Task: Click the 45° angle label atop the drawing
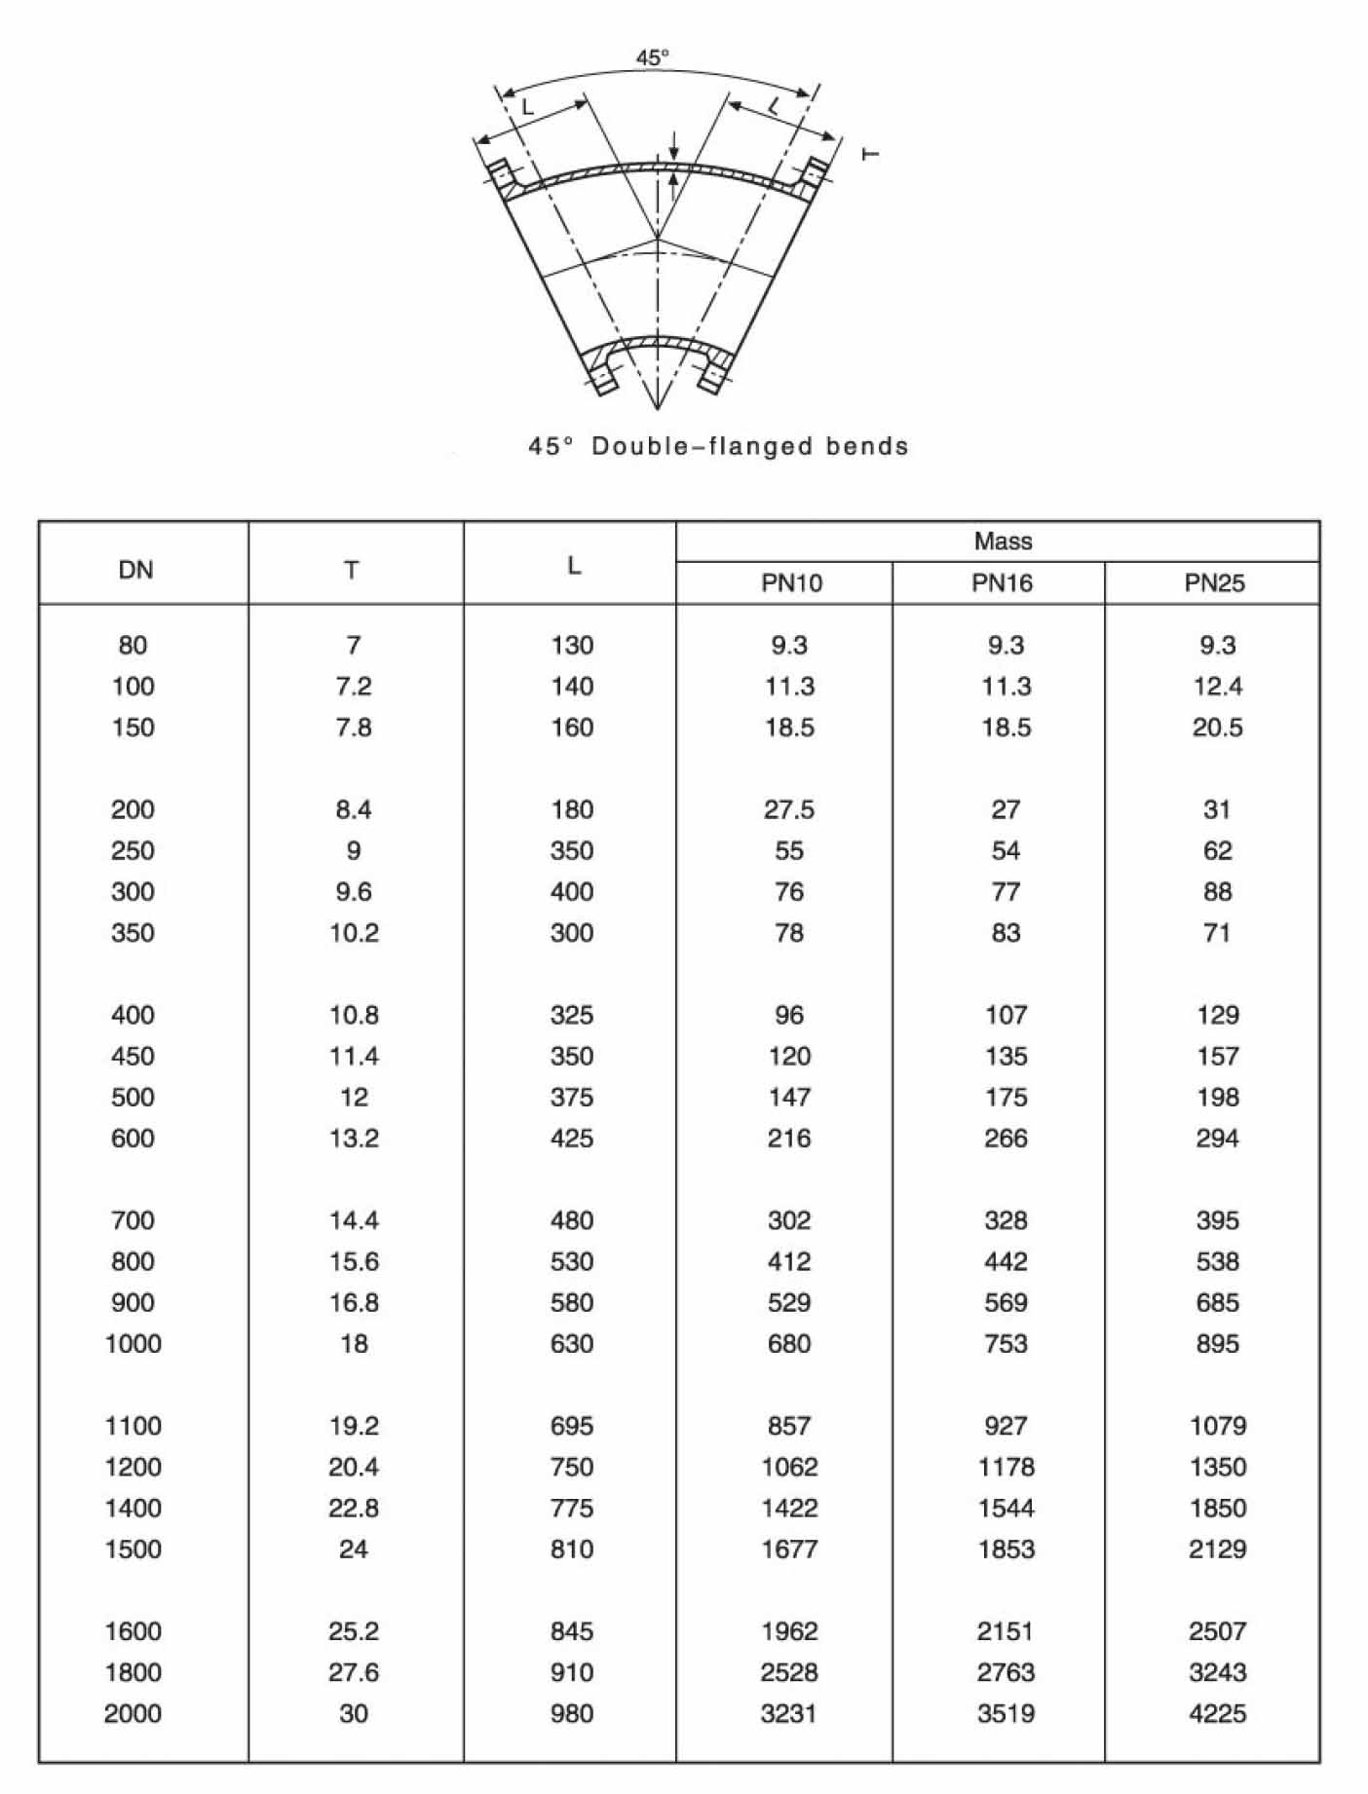point(653,58)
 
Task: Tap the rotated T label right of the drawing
point(871,153)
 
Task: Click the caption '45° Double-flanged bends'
point(718,446)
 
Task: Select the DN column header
point(135,570)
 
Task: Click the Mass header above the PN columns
point(1003,542)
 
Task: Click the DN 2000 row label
point(133,1713)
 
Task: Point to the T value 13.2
point(353,1139)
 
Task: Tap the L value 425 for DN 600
point(571,1139)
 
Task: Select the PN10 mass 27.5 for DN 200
point(788,809)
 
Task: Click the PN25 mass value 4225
point(1217,1713)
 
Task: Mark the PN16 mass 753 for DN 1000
point(1005,1344)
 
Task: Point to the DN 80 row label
point(133,645)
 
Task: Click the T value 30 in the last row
point(353,1713)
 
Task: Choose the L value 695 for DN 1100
point(571,1426)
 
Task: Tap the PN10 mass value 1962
point(788,1631)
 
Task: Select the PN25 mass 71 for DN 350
point(1217,933)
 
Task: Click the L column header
point(573,566)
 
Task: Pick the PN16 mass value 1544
point(1005,1508)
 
